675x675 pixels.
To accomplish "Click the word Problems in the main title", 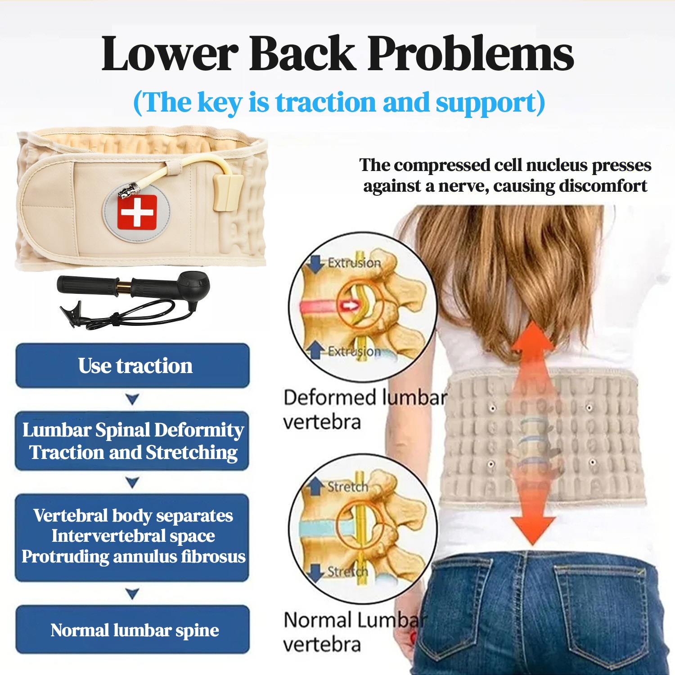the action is click(x=471, y=54).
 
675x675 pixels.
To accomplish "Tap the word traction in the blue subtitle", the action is click(x=325, y=102).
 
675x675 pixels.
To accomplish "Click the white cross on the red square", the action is click(x=137, y=212).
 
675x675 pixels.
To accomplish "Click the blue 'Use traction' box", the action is click(x=133, y=366).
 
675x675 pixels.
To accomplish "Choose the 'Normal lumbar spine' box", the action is click(x=133, y=630).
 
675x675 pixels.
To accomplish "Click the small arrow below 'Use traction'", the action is click(x=132, y=399).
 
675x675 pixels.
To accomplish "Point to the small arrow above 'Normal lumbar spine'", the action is click(x=132, y=594).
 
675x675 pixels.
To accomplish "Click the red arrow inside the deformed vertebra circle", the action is click(x=350, y=306).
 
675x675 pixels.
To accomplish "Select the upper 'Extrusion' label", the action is click(x=354, y=262).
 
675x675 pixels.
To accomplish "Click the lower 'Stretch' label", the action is click(x=347, y=571).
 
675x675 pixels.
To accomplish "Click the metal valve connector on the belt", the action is click(x=128, y=191).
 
